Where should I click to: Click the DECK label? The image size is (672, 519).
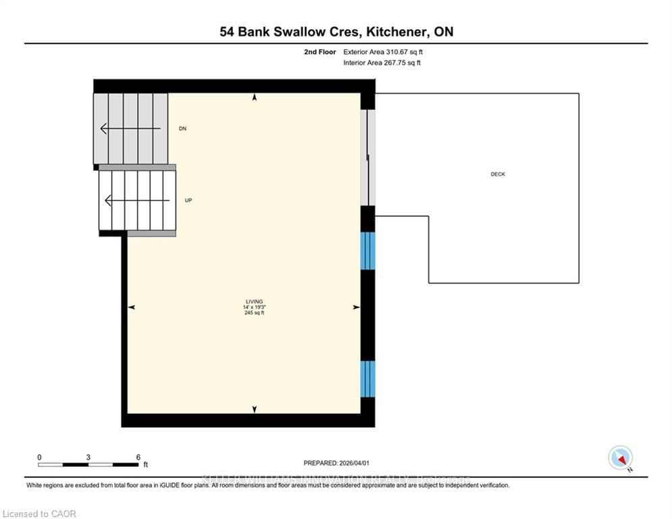coord(498,174)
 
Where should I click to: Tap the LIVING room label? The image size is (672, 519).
coord(254,301)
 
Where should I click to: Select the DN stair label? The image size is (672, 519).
coord(182,128)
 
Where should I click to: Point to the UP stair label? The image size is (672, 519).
coord(188,200)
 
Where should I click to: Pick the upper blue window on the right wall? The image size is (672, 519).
coord(367,251)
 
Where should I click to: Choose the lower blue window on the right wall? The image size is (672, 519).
coord(367,378)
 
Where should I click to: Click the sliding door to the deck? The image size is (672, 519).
coord(367,157)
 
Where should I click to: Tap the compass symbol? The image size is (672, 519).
coord(620,458)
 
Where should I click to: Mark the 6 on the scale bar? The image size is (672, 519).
coord(138,457)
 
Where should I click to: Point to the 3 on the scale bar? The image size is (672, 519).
coord(88,457)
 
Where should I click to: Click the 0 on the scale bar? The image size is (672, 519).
coord(39,457)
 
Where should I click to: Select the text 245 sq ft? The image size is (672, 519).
coord(254,313)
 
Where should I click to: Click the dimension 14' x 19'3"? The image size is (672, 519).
coord(254,307)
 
